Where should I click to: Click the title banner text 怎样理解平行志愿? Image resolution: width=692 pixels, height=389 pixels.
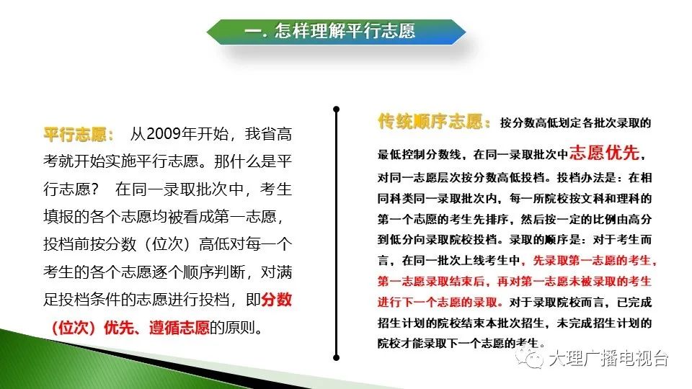point(345,31)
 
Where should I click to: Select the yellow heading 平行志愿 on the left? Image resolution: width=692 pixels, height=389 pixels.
point(75,135)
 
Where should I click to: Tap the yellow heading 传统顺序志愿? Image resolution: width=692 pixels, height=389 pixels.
point(430,121)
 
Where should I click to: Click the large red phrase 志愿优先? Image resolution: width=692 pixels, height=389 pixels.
point(604,153)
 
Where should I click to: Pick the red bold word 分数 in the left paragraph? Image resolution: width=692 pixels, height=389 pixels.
point(276,300)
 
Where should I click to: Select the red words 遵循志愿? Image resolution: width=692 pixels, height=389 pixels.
point(179,328)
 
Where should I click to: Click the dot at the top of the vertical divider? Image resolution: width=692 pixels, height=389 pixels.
point(337,109)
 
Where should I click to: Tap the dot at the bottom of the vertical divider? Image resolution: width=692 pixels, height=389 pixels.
point(337,358)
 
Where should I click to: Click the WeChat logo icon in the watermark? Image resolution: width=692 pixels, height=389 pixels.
point(529,357)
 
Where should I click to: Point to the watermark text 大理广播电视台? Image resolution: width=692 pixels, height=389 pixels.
point(608,358)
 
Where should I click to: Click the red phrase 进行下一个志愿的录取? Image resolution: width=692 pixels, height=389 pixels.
point(438,303)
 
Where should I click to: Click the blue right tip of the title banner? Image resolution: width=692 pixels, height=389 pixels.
point(465,32)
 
